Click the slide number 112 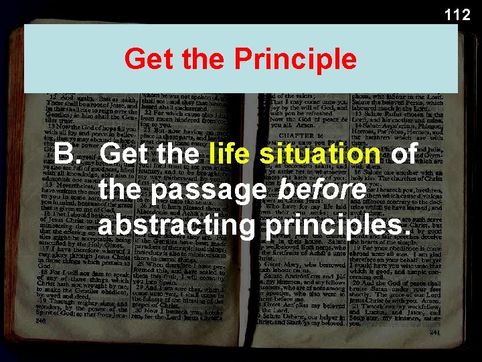[x=457, y=14]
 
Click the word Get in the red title [x=145, y=59]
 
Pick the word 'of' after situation [x=404, y=155]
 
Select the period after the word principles [x=406, y=234]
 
